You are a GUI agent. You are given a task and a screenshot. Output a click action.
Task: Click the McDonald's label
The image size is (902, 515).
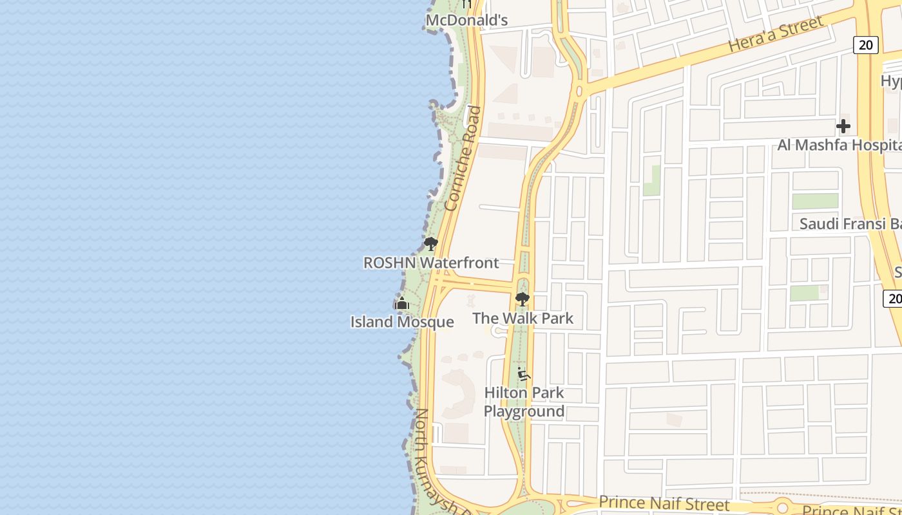467,21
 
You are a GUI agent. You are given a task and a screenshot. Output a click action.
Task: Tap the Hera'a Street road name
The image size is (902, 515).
776,35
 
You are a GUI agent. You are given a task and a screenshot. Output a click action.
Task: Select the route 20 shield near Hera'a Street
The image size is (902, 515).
866,44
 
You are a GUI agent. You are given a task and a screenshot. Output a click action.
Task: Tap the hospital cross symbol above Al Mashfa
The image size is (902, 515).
843,126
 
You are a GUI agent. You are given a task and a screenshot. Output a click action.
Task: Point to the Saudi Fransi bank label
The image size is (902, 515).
850,224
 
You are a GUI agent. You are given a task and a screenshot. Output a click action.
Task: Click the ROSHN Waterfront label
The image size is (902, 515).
431,263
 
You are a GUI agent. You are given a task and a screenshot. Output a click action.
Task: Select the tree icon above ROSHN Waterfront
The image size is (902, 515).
430,244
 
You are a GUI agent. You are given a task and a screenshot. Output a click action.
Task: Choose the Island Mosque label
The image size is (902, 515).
402,322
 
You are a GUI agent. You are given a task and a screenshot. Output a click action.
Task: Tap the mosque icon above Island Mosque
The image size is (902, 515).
402,303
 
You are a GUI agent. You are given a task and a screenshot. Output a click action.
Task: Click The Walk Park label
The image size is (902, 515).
523,318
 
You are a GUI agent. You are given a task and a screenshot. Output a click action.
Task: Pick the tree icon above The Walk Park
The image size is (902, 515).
522,299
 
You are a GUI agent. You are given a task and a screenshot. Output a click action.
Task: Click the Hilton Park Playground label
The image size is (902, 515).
524,402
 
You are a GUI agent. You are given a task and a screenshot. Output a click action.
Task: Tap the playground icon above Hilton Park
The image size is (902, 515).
524,374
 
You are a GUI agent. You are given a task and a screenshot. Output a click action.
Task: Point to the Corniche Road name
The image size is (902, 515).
463,158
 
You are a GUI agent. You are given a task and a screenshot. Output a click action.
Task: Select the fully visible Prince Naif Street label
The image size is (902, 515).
664,503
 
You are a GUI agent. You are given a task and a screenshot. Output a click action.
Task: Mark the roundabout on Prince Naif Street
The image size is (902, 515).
783,506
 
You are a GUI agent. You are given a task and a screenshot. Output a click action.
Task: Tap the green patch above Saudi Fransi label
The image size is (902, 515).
815,201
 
